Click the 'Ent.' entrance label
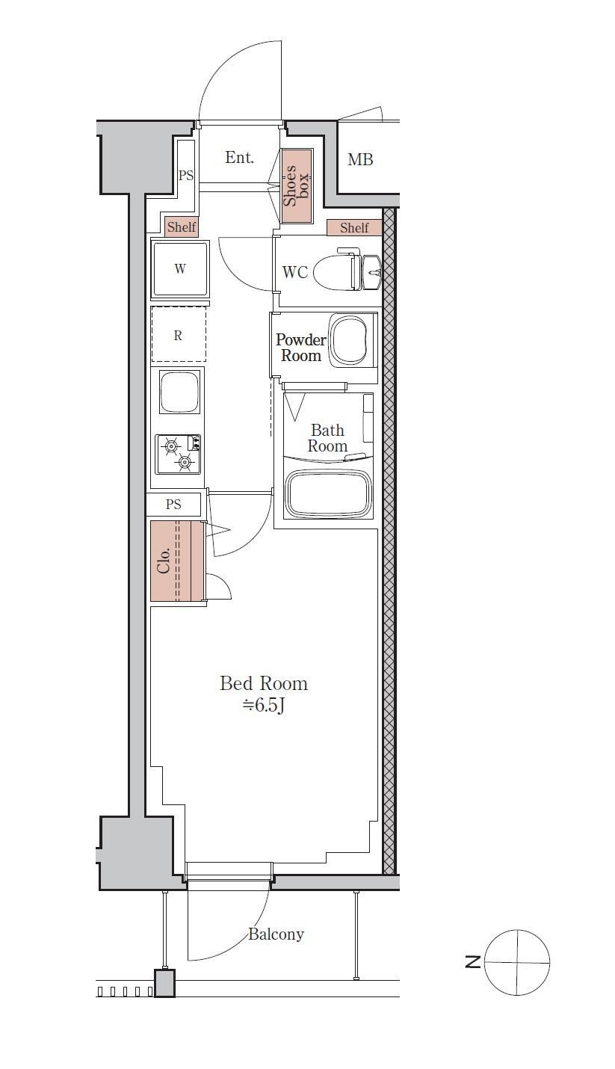tap(239, 158)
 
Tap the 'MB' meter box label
tap(360, 159)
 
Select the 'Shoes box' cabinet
tap(296, 185)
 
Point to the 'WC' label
tap(295, 273)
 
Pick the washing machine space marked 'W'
tap(180, 269)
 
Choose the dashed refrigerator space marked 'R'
tap(179, 335)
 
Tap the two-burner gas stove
tap(178, 454)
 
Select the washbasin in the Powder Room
tap(349, 340)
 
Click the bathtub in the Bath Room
tap(328, 494)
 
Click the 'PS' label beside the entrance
tap(186, 176)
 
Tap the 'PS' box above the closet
tap(173, 505)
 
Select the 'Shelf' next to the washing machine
tap(182, 227)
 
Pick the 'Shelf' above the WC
tap(354, 228)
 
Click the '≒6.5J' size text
tap(264, 705)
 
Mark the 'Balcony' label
tap(276, 934)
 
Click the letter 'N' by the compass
tap(473, 961)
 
